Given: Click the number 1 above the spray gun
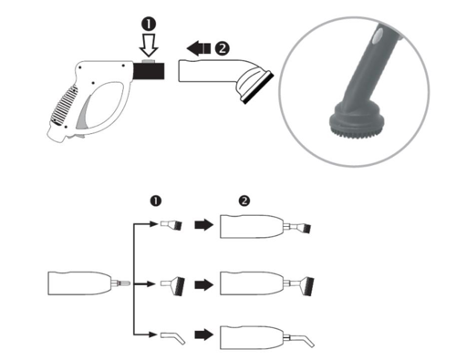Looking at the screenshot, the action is pyautogui.click(x=149, y=25).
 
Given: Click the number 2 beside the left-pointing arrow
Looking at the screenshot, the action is pyautogui.click(x=223, y=48).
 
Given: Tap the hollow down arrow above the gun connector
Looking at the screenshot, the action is pyautogui.click(x=149, y=46).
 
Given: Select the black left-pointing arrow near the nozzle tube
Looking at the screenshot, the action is pyautogui.click(x=198, y=48).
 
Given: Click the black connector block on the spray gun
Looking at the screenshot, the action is pyautogui.click(x=149, y=71).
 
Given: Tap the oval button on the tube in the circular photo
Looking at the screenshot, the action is pyautogui.click(x=378, y=35).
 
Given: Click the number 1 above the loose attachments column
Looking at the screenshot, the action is pyautogui.click(x=156, y=201).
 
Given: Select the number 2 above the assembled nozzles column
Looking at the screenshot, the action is pyautogui.click(x=244, y=201).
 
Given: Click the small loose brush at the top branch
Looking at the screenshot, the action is pyautogui.click(x=171, y=225).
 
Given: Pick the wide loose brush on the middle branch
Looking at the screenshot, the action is pyautogui.click(x=172, y=286).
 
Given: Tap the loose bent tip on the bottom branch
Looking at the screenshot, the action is pyautogui.click(x=172, y=338).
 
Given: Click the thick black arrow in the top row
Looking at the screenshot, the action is pyautogui.click(x=204, y=225).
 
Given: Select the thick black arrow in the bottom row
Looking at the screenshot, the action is pyautogui.click(x=204, y=334).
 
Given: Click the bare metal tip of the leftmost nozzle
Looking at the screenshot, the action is pyautogui.click(x=121, y=283).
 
